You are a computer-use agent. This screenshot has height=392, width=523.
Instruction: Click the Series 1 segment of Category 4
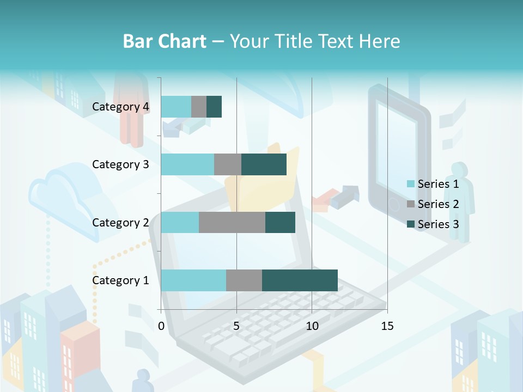176,107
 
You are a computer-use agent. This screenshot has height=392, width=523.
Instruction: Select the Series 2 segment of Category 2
232,222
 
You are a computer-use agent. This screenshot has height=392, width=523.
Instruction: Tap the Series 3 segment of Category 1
300,280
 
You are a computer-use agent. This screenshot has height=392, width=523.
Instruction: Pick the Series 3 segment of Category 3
264,164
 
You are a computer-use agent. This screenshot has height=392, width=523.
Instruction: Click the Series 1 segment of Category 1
193,280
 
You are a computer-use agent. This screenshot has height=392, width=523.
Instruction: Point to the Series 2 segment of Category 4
199,107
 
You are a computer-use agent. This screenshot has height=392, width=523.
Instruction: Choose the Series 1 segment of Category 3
187,164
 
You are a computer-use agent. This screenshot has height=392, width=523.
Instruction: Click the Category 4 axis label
120,107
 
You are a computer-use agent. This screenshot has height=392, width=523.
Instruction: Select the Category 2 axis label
120,222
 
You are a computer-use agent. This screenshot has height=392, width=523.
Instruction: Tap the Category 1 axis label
120,280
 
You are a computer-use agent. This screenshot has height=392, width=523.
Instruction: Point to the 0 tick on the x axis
161,326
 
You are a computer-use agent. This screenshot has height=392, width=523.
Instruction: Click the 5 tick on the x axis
236,326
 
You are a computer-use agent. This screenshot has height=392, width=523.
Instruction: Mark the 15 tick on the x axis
387,326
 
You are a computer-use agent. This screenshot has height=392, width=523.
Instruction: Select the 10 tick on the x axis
312,326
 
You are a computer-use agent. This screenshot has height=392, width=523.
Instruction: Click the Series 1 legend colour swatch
410,184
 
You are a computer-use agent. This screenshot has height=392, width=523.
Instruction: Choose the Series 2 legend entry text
438,204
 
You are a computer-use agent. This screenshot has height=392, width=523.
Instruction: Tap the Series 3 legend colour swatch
410,224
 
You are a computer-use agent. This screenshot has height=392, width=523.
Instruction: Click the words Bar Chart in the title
165,41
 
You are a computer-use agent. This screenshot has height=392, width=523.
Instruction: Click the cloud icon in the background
65,201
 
